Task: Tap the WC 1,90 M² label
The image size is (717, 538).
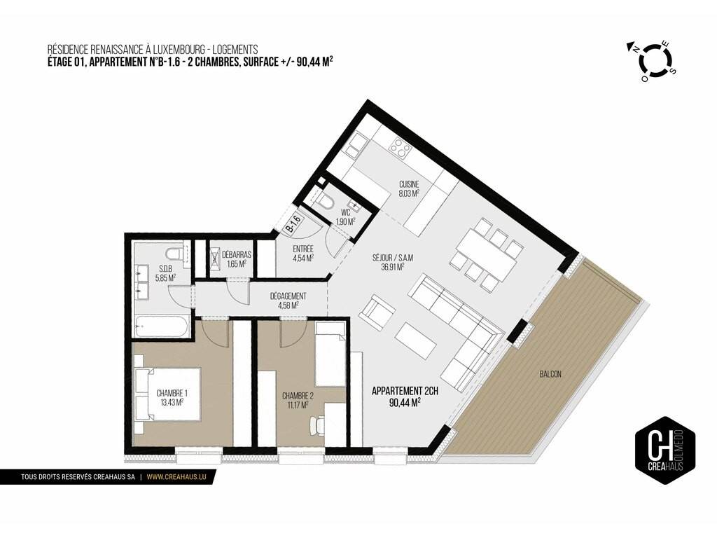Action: [346, 217]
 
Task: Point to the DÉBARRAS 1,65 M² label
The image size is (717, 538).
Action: [237, 259]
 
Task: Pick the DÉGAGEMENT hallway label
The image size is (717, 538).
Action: [288, 301]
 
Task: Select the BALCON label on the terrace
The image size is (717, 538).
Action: [550, 374]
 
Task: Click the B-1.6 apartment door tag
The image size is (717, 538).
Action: [294, 223]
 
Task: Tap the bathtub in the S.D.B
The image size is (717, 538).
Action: [161, 326]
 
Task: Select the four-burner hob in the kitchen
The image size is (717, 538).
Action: [399, 147]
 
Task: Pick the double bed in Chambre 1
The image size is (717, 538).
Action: [167, 393]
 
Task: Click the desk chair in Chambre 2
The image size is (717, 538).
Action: [316, 425]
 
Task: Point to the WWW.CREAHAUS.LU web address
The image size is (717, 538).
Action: [177, 476]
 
